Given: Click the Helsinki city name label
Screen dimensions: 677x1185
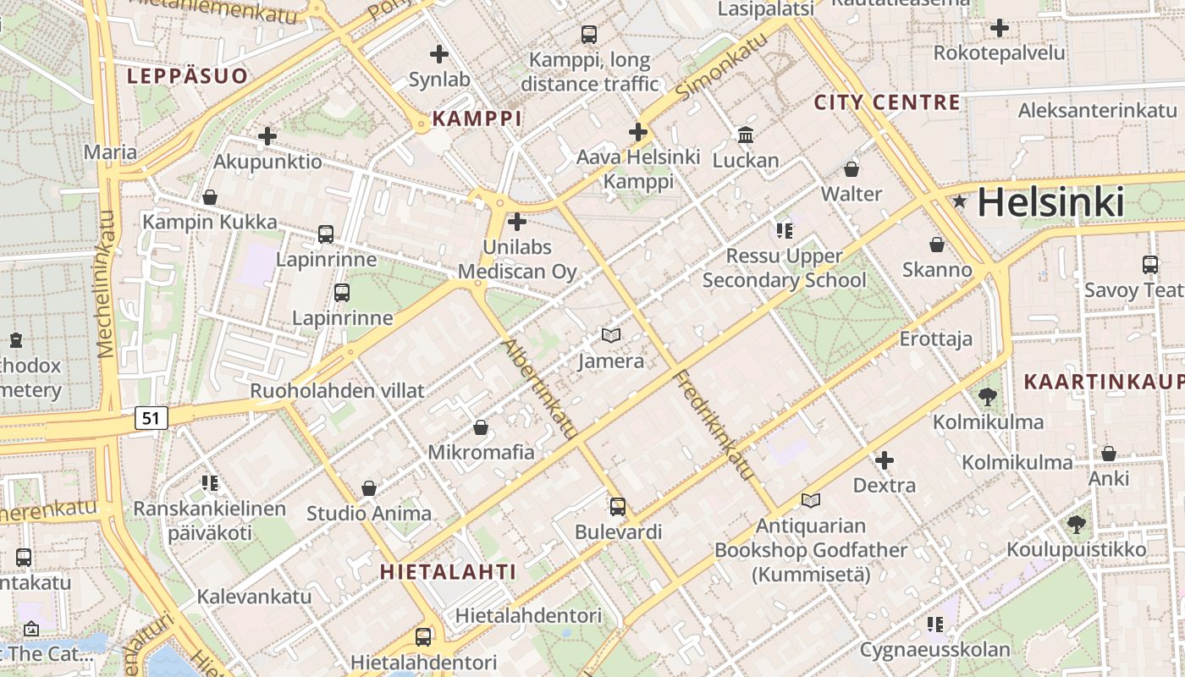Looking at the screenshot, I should pyautogui.click(x=1050, y=203).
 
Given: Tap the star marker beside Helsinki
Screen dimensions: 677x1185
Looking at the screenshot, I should pyautogui.click(x=960, y=201).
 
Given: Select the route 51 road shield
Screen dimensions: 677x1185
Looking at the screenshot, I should pyautogui.click(x=152, y=417).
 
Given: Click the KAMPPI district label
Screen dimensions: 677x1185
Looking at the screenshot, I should pyautogui.click(x=477, y=118).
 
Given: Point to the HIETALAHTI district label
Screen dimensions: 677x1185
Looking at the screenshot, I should pyautogui.click(x=447, y=571).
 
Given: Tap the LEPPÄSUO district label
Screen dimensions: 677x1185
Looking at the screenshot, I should pyautogui.click(x=187, y=76).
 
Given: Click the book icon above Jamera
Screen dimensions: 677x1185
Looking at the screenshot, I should pyautogui.click(x=611, y=335).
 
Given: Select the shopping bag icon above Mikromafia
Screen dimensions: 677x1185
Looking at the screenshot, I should pyautogui.click(x=481, y=427).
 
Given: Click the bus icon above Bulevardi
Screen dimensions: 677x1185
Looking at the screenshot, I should pyautogui.click(x=618, y=507).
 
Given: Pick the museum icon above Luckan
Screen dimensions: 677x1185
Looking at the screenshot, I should pyautogui.click(x=746, y=135).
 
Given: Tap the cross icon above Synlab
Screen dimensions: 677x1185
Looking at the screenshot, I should pyautogui.click(x=438, y=54).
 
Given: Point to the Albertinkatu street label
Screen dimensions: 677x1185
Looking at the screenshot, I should pyautogui.click(x=540, y=388).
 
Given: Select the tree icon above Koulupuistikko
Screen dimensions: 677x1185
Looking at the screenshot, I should pyautogui.click(x=1077, y=525).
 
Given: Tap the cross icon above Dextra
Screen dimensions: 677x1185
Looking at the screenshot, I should pyautogui.click(x=885, y=460).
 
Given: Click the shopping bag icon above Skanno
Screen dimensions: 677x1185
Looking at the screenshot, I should pyautogui.click(x=937, y=245).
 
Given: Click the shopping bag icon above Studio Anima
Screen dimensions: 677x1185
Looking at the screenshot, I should pyautogui.click(x=369, y=488).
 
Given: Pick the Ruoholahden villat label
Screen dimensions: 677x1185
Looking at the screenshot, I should pyautogui.click(x=337, y=391).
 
